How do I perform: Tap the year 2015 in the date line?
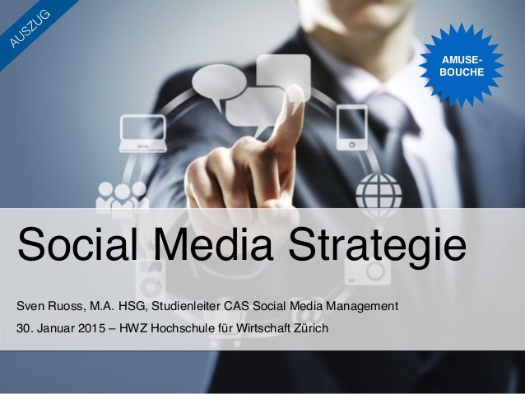point(93,331)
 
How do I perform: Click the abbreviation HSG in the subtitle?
point(127,308)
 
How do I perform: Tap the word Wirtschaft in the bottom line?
point(258,331)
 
